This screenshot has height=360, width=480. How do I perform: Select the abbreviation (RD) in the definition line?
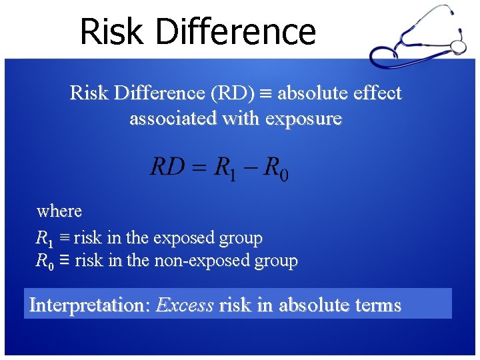[x=232, y=94]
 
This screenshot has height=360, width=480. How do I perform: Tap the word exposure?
[x=303, y=119]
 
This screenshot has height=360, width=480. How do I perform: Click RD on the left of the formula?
[x=167, y=167]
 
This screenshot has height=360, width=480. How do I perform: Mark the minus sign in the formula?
[x=251, y=167]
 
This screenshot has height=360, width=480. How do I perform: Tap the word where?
[x=59, y=211]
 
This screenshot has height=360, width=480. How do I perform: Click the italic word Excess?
[x=185, y=305]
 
